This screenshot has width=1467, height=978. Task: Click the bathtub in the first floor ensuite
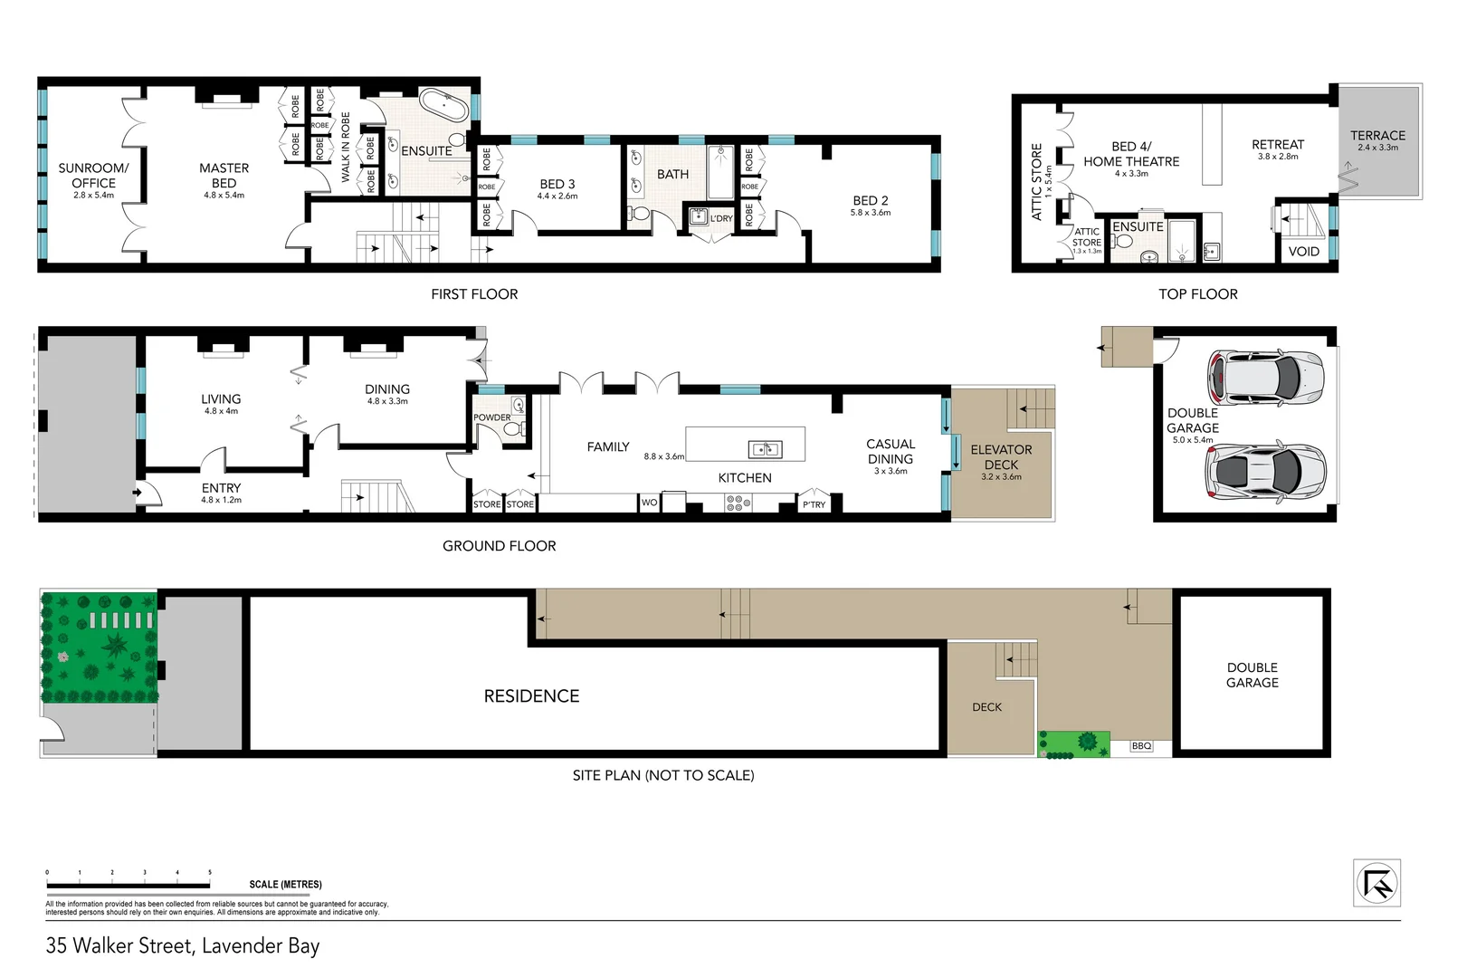[443, 106]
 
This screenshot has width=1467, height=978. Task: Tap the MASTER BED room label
[224, 175]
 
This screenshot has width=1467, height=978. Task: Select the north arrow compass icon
[1377, 882]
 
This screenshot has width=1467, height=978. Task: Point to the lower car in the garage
[1265, 471]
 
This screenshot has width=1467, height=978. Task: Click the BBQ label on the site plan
[1142, 746]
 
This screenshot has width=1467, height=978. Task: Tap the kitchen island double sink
[766, 449]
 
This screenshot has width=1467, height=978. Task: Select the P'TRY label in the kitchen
[814, 504]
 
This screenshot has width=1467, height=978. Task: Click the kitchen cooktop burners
[735, 503]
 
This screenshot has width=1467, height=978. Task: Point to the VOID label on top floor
[1303, 252]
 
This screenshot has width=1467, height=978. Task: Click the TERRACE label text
[1377, 135]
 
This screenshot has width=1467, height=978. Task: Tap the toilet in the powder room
[513, 429]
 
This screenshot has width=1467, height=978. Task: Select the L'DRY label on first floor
[721, 218]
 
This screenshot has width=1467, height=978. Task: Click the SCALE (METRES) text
[285, 884]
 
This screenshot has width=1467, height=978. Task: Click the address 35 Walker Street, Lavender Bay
[183, 945]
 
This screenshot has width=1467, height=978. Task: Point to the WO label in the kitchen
[649, 503]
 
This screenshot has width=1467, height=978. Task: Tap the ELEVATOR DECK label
[1001, 456]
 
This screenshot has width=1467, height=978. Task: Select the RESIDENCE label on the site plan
[531, 695]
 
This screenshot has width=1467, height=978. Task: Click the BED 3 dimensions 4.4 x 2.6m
[557, 196]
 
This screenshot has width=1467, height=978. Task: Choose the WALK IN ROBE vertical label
[345, 148]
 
